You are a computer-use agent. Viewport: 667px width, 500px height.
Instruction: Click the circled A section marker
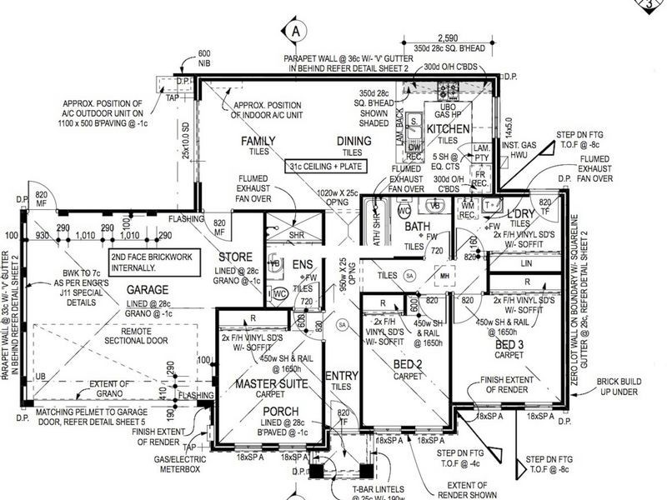coord(295,31)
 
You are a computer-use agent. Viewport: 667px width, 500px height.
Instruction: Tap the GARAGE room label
coord(147,289)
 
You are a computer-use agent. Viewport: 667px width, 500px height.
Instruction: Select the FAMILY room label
coord(258,141)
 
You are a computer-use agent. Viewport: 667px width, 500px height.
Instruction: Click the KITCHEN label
coord(449,129)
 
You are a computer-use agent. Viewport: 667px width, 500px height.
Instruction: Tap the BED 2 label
coord(408,362)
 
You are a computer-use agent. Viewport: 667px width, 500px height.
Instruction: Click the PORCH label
coord(280,412)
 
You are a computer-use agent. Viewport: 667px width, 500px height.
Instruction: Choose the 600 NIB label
coord(204,57)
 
